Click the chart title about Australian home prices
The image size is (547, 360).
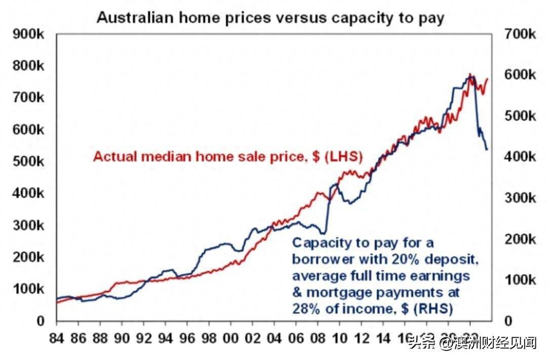coord(270,18)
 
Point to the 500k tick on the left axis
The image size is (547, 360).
coord(30,162)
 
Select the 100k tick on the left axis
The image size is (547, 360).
coord(30,289)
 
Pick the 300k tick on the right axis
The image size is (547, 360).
coord(520,198)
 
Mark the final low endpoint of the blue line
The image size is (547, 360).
coord(487,149)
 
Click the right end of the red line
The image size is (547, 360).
coord(488,78)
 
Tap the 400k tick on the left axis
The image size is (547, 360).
coord(30,194)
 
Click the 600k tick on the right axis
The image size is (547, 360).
coord(520,75)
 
